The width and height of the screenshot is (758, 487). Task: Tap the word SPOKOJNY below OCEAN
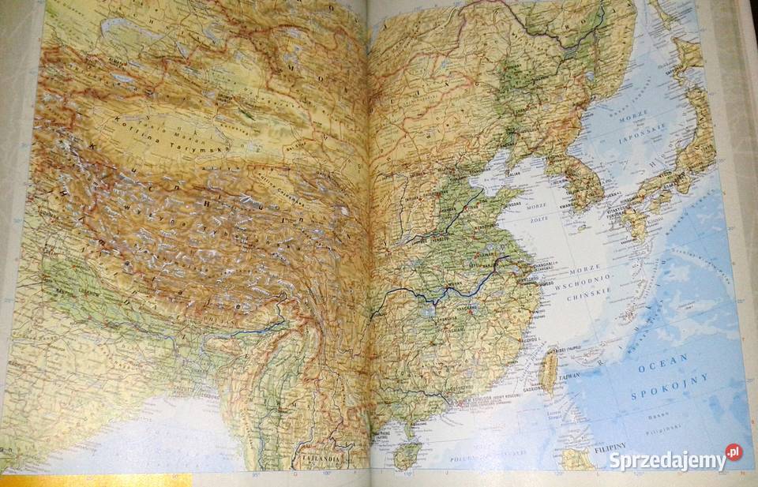pos(671,388)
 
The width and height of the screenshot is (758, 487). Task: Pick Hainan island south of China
pos(407,453)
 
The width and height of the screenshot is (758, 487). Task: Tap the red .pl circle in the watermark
pos(734,452)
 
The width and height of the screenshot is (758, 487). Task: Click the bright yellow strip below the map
pos(95,481)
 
